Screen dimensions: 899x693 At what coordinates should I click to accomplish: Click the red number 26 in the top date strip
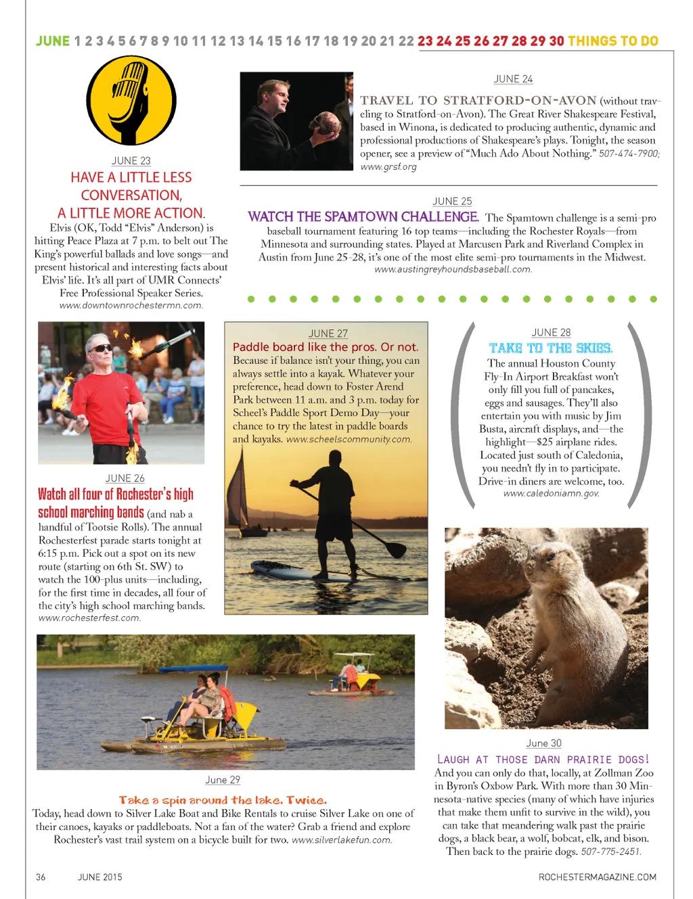[x=481, y=41]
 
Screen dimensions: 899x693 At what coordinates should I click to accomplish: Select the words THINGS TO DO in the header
[x=613, y=41]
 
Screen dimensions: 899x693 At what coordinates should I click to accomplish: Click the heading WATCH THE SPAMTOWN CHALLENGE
[x=363, y=217]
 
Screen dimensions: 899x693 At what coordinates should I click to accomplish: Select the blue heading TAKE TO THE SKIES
[x=551, y=348]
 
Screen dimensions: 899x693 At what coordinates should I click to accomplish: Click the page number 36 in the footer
[x=41, y=877]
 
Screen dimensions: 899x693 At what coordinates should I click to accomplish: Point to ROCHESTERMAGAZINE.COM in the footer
[x=597, y=877]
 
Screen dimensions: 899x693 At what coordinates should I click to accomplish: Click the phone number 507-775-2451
[x=610, y=852]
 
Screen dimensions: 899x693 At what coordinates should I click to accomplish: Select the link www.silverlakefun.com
[x=342, y=840]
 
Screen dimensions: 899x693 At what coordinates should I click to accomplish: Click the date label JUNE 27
[x=328, y=333]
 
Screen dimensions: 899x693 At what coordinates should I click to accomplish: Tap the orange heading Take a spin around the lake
[x=223, y=800]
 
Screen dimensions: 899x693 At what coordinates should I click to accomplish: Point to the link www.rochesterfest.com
[x=89, y=618]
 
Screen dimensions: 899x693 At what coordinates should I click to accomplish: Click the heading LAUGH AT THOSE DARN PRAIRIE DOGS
[x=543, y=759]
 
